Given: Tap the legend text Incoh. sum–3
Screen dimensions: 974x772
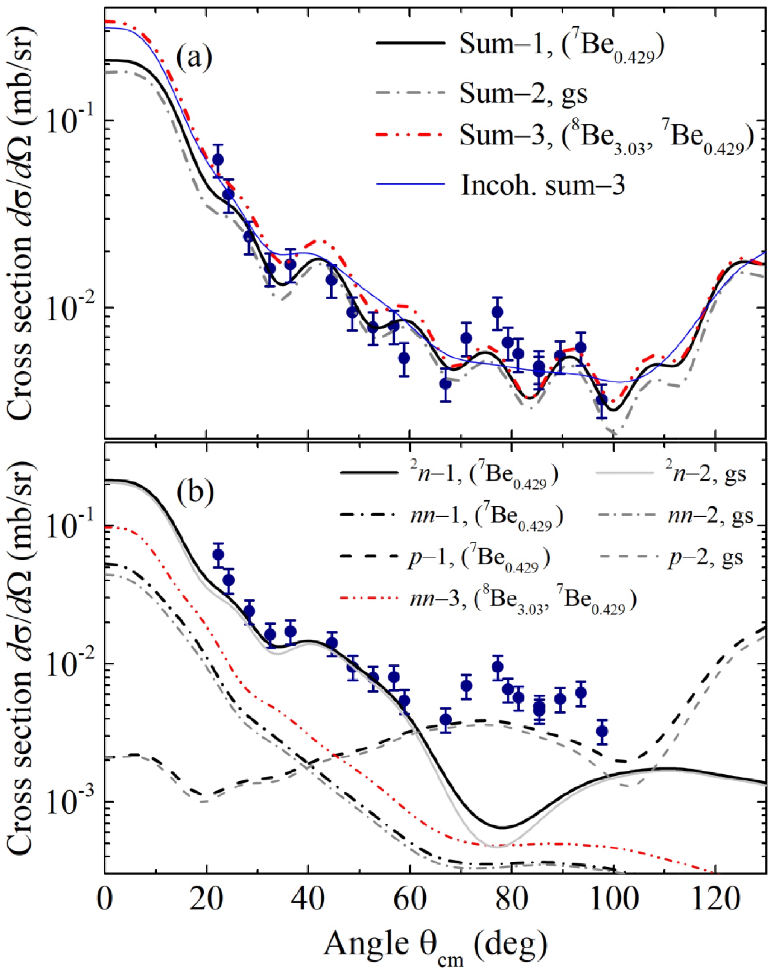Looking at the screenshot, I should click(543, 184).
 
